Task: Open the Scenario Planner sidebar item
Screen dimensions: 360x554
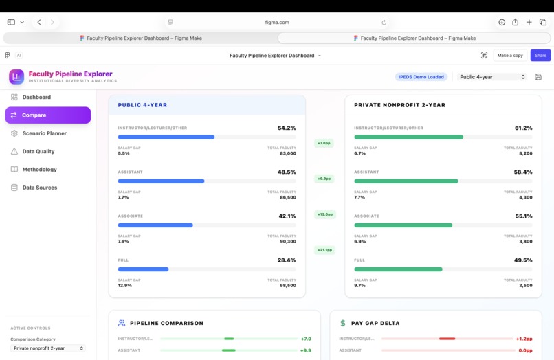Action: pyautogui.click(x=44, y=133)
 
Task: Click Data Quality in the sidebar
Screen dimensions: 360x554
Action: pyautogui.click(x=38, y=151)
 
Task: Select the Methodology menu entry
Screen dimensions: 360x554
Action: pyautogui.click(x=39, y=169)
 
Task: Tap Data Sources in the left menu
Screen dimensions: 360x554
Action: pyautogui.click(x=40, y=188)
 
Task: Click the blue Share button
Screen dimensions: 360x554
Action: pyautogui.click(x=540, y=56)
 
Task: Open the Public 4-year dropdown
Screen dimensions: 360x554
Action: pyautogui.click(x=492, y=77)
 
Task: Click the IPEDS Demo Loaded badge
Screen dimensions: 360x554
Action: pyautogui.click(x=421, y=77)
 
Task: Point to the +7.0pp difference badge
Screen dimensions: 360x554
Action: pyautogui.click(x=324, y=143)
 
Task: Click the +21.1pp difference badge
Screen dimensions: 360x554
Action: pyautogui.click(x=324, y=250)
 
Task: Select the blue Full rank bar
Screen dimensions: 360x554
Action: pyautogui.click(x=144, y=269)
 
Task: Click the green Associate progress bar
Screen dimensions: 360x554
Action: pyautogui.click(x=403, y=225)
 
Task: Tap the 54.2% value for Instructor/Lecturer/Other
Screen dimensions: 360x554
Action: pyautogui.click(x=287, y=128)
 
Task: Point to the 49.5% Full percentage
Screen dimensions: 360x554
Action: pyautogui.click(x=523, y=260)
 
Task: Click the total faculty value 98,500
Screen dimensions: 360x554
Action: pyautogui.click(x=288, y=285)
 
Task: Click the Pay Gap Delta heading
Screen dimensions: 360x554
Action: pyautogui.click(x=375, y=323)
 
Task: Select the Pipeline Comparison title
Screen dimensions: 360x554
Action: pyautogui.click(x=166, y=323)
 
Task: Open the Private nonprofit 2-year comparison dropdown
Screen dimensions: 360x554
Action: pyautogui.click(x=48, y=348)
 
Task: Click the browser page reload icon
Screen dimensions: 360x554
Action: pyautogui.click(x=384, y=22)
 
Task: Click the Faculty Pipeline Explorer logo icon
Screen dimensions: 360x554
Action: pyautogui.click(x=16, y=77)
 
